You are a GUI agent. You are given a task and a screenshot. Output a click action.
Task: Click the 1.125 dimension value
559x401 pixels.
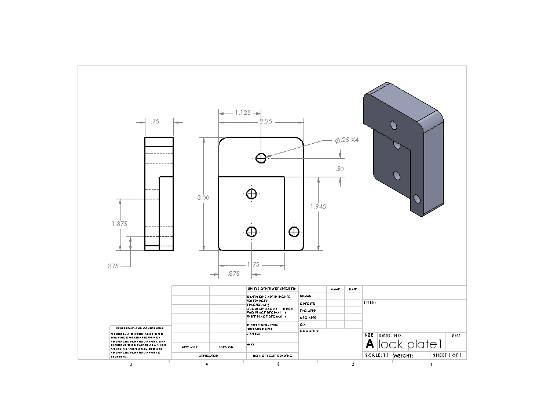(x=243, y=113)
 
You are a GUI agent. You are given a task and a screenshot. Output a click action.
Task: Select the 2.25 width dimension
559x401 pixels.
(x=266, y=122)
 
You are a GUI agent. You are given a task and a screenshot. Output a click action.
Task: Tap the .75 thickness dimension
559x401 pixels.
(x=155, y=122)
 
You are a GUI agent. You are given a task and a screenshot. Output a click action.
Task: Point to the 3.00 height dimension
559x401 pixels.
(x=203, y=198)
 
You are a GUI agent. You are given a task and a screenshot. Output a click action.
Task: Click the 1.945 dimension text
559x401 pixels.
(x=319, y=206)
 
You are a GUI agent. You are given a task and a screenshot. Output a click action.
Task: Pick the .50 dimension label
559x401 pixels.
(x=339, y=169)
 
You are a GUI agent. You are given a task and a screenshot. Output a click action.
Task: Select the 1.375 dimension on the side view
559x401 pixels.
(x=119, y=223)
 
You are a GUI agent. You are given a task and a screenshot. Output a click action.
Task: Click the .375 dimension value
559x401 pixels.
(x=112, y=267)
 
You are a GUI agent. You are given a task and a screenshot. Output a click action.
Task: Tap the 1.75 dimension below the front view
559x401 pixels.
(x=253, y=264)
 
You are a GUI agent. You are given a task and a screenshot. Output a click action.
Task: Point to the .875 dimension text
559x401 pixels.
(x=234, y=274)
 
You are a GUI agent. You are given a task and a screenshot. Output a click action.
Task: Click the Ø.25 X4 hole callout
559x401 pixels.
(x=347, y=140)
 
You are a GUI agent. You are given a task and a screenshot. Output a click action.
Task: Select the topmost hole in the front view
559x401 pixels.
(x=261, y=158)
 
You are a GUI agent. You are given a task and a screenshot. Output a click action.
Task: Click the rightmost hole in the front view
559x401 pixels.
(x=294, y=232)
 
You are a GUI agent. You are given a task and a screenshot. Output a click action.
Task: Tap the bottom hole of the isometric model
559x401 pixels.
(x=416, y=199)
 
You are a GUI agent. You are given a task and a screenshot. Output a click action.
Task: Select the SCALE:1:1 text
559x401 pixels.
(x=377, y=355)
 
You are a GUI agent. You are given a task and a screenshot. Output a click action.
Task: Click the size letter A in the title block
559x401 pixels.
(x=370, y=344)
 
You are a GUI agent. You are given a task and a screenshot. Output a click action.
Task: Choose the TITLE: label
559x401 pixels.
(x=370, y=302)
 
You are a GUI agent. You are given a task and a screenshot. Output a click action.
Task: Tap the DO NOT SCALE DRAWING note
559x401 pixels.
(x=272, y=356)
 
